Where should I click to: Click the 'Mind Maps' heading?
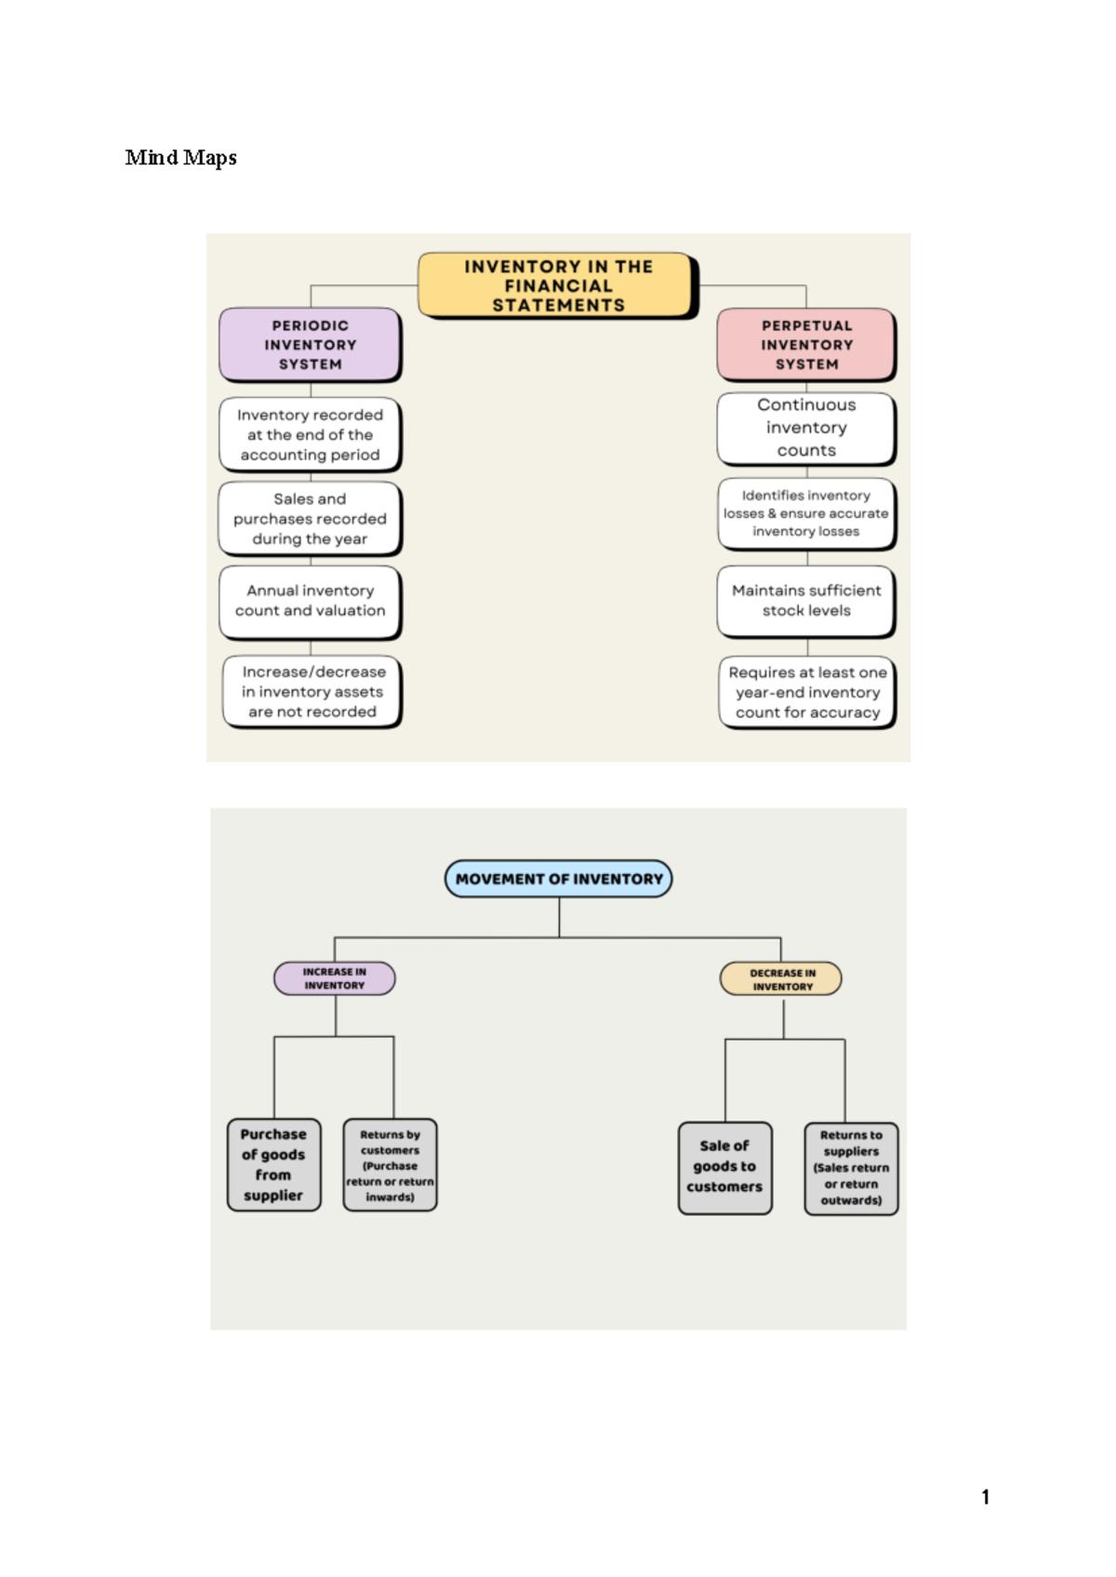click(x=180, y=158)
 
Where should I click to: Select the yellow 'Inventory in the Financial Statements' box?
click(x=557, y=285)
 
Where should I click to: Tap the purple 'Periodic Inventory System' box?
click(x=310, y=345)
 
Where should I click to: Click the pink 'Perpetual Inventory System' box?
click(x=805, y=345)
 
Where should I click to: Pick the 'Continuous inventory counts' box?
click(x=805, y=428)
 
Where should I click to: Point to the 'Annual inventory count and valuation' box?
click(x=310, y=601)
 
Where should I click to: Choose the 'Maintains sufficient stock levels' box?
click(x=805, y=601)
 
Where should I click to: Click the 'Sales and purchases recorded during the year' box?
click(x=310, y=519)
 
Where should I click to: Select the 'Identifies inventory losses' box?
click(x=805, y=513)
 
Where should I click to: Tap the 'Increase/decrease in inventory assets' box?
click(x=312, y=692)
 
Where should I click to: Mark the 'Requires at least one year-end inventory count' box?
click(x=806, y=693)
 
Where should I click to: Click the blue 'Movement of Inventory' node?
click(x=558, y=879)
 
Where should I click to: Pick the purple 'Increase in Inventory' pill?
click(x=334, y=978)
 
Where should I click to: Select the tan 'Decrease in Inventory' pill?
click(x=781, y=979)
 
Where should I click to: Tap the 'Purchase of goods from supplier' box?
click(x=273, y=1165)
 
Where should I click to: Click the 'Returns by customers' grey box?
click(x=390, y=1165)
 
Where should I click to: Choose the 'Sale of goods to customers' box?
click(x=724, y=1167)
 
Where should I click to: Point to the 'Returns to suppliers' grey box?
click(x=850, y=1168)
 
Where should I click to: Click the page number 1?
click(x=985, y=1497)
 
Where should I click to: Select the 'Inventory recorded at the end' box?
click(x=310, y=435)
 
